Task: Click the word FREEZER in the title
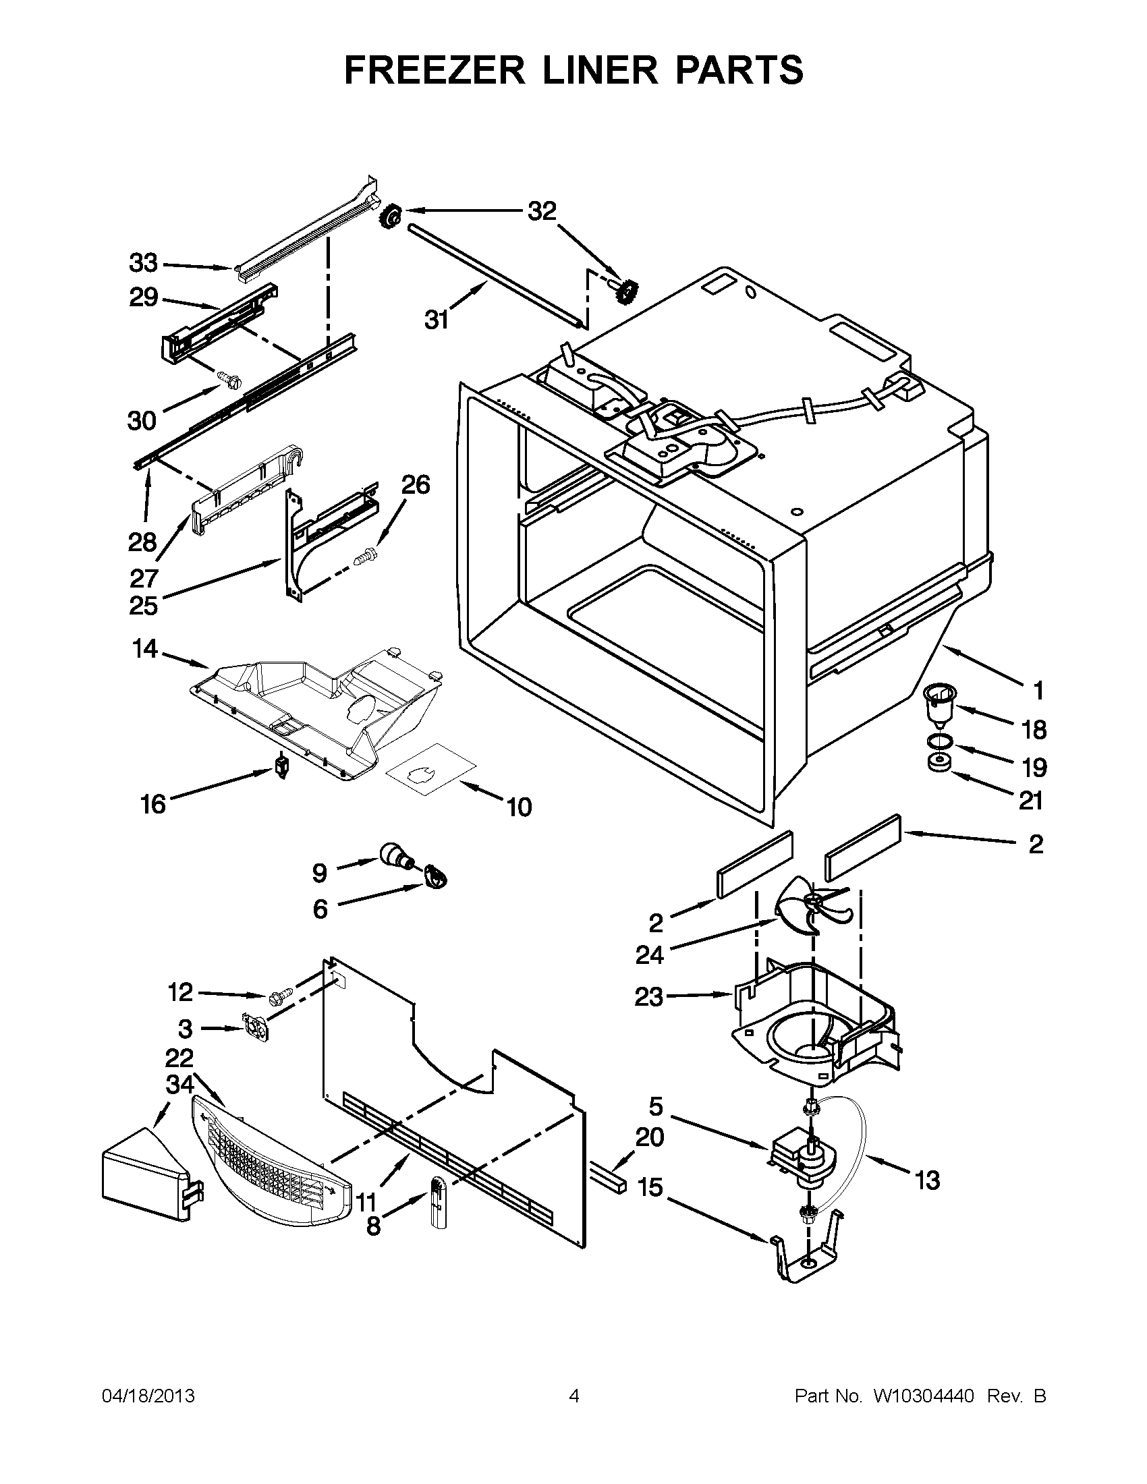(x=435, y=71)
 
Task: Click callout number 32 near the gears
(x=542, y=211)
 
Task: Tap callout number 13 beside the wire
(x=928, y=1180)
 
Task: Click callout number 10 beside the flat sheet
(x=519, y=807)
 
